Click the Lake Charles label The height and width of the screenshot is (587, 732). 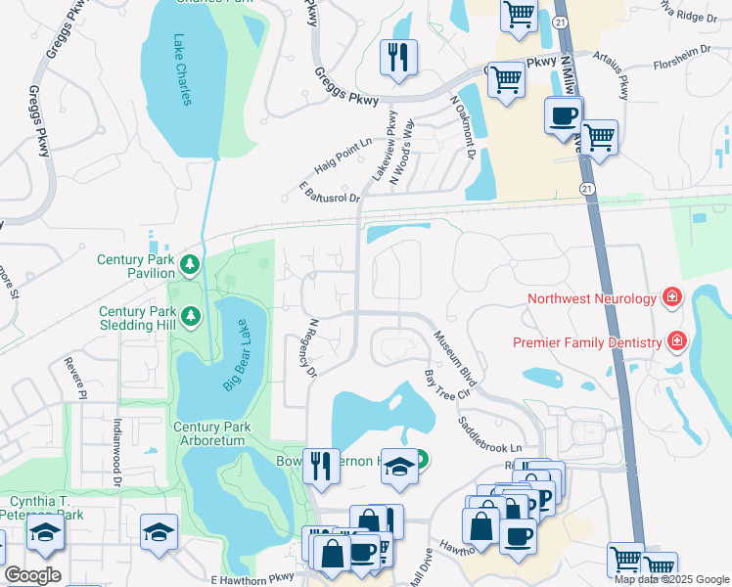tap(187, 70)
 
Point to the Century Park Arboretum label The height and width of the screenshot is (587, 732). tap(211, 434)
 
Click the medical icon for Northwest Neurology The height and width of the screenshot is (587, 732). tap(671, 296)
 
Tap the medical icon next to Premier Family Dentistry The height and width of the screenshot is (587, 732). tap(675, 340)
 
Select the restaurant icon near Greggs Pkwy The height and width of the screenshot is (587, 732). tap(398, 58)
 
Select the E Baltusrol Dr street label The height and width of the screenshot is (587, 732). tap(330, 191)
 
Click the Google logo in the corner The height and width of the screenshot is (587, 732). tap(32, 575)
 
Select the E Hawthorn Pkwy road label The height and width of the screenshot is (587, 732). tap(252, 579)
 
